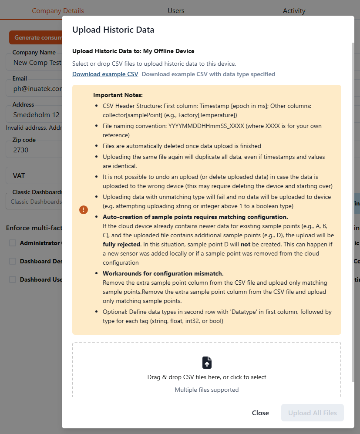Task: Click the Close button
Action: click(260, 413)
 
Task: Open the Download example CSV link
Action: click(105, 74)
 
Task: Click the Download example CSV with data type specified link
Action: click(208, 74)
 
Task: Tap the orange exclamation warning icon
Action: click(84, 210)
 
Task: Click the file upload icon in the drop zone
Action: click(207, 363)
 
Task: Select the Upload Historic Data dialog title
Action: click(113, 30)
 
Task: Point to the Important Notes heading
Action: click(118, 95)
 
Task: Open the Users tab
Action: click(176, 10)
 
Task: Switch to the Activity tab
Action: click(294, 10)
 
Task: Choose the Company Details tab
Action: click(57, 10)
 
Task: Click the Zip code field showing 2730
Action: click(33, 150)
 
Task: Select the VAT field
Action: click(33, 176)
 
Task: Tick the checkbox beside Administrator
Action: click(13, 243)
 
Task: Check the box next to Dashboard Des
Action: click(13, 261)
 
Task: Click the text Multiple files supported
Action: click(207, 390)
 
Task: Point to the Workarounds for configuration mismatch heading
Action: click(163, 273)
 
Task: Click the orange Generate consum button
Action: click(35, 37)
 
